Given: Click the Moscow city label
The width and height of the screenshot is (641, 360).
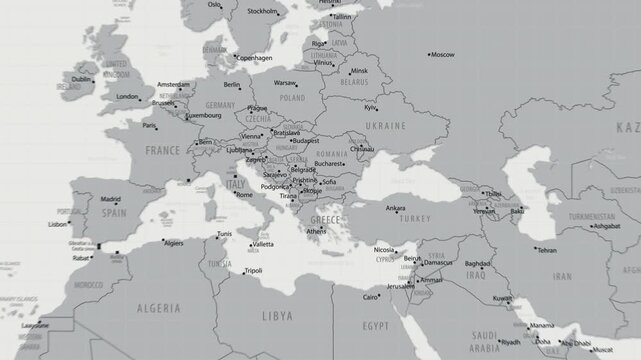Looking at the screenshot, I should click(x=442, y=54).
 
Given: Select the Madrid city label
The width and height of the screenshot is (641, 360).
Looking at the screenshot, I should click(x=110, y=199).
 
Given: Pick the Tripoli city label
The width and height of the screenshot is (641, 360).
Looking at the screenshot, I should click(x=253, y=270).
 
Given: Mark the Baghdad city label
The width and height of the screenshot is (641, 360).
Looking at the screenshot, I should click(x=478, y=264).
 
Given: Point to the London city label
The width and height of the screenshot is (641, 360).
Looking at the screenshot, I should click(x=127, y=97).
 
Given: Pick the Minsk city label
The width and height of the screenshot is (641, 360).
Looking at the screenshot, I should click(x=360, y=71).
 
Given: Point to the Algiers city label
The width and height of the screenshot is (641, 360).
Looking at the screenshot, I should click(x=174, y=243).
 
